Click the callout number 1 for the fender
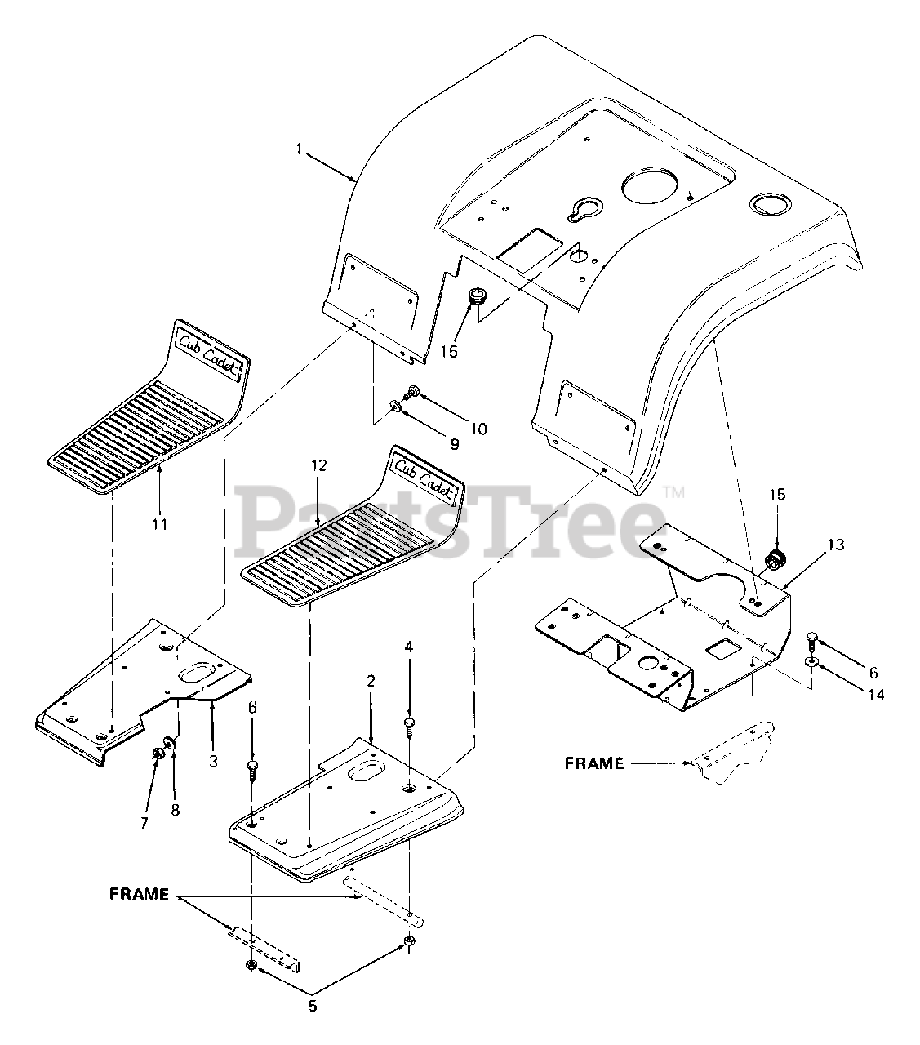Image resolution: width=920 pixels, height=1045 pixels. [299, 149]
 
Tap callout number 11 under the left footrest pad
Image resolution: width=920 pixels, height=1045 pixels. [159, 524]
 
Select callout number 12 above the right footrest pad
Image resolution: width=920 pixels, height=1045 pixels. [318, 465]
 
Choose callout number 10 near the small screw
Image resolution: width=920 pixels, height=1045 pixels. [478, 429]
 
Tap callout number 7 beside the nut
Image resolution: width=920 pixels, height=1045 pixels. [144, 823]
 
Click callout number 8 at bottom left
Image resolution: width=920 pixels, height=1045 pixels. [175, 810]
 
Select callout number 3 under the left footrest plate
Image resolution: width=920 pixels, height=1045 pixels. [213, 761]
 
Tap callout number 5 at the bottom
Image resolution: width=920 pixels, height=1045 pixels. [313, 1006]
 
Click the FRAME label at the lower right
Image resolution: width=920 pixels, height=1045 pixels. [594, 764]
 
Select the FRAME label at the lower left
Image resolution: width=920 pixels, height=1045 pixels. [139, 894]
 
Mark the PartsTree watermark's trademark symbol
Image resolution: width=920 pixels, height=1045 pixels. [674, 492]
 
